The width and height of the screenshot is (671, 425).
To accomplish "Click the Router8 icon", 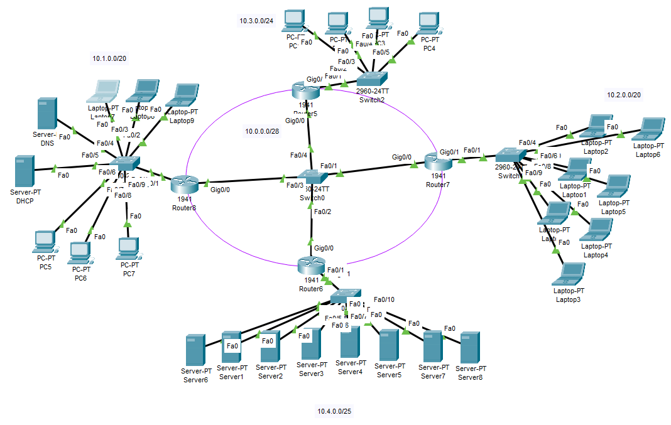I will [x=184, y=184].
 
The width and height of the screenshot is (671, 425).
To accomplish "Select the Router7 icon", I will [x=438, y=161].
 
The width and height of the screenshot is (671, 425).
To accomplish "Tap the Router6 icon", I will [x=311, y=266].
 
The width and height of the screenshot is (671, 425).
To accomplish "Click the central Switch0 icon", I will [x=312, y=177].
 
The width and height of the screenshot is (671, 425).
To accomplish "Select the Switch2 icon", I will [x=372, y=79].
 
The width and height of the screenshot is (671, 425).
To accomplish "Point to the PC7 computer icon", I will [x=128, y=249].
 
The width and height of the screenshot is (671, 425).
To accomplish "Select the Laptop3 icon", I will [x=570, y=274].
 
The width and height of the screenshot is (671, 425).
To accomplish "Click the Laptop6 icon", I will [x=651, y=129].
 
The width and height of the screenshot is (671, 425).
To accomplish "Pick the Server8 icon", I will [x=469, y=348].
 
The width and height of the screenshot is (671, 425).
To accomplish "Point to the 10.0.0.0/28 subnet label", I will [x=263, y=131].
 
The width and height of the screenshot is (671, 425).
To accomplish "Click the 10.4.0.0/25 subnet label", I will [x=334, y=412].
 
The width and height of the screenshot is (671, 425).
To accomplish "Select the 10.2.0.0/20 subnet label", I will [x=623, y=95].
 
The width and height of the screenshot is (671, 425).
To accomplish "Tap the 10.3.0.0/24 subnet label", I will [x=256, y=21].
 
